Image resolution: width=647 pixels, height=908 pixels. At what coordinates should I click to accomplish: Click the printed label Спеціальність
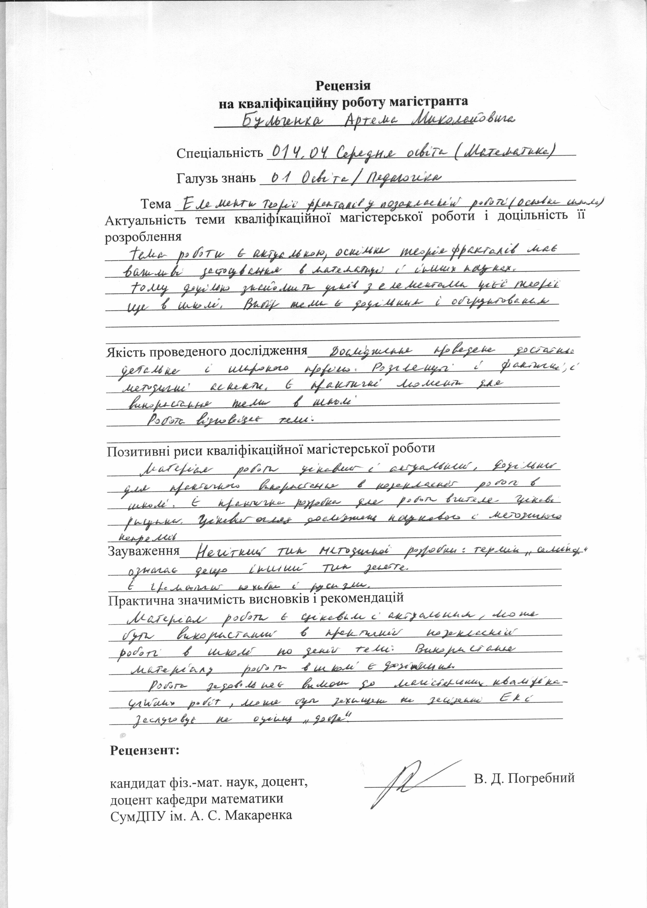220,153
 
